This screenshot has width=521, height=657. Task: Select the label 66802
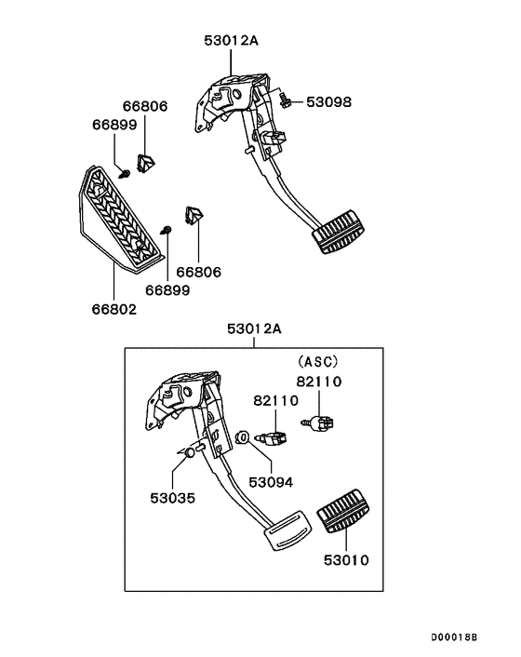114,308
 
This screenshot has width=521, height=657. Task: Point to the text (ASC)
318,361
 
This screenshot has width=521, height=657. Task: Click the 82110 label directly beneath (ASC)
319,381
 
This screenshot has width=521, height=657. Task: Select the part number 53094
271,482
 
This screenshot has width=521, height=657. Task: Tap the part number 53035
173,498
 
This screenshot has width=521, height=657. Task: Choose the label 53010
346,560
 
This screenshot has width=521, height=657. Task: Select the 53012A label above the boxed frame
254,328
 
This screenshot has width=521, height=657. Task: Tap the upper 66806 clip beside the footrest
145,163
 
